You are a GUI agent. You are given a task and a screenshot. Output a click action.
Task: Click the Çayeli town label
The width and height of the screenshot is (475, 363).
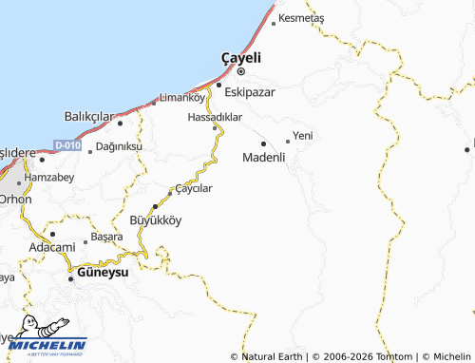(x=240, y=57)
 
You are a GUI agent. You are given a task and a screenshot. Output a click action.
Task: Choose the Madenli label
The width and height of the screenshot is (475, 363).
(x=264, y=158)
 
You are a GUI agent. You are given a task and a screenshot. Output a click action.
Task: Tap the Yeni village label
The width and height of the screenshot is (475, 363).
(x=303, y=136)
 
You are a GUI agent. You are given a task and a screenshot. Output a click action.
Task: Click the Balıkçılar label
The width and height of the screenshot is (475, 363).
(x=87, y=116)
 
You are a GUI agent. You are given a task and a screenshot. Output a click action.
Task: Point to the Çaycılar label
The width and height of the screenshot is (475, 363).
(x=194, y=188)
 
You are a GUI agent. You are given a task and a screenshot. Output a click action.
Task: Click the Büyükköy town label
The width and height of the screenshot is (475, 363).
(x=155, y=219)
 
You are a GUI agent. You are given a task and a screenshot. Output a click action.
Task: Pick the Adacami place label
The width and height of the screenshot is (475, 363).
(x=51, y=246)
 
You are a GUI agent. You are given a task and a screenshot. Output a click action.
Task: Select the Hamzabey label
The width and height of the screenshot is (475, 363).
(x=47, y=178)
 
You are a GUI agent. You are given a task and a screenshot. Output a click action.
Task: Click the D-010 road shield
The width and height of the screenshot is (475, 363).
(x=66, y=145)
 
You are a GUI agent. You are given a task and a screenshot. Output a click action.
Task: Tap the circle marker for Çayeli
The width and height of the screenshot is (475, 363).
(x=241, y=71)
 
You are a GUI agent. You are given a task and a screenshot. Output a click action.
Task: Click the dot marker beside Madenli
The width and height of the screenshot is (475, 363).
(x=263, y=144)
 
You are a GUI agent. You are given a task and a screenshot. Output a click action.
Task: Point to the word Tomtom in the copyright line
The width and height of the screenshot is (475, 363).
(x=385, y=356)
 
